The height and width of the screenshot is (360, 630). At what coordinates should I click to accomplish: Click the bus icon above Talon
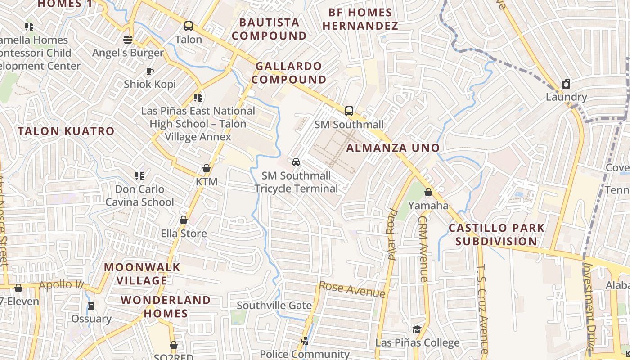point(188,26)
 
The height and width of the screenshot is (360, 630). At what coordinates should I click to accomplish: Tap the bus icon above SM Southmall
point(349,111)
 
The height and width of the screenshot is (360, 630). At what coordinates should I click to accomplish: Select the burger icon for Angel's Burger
point(128,40)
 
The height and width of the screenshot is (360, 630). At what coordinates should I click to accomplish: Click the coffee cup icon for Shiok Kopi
point(149,71)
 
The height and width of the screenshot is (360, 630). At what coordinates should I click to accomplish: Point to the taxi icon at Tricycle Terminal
point(296,162)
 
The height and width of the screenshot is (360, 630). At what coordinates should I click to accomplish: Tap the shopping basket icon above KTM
point(206,168)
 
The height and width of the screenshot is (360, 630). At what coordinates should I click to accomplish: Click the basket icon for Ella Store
point(184,220)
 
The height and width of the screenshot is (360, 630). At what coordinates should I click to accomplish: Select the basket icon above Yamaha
point(428,192)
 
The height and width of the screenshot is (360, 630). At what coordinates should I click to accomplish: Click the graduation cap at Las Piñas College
point(417,329)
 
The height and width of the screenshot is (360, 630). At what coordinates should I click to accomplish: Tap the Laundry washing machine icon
point(566,84)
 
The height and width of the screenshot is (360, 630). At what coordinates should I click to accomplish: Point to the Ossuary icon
point(91,306)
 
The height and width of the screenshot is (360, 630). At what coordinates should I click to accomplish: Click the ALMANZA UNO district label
point(393,148)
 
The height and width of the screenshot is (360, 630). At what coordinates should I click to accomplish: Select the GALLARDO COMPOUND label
point(289,73)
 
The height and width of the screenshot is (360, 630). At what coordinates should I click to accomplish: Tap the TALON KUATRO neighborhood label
point(66,131)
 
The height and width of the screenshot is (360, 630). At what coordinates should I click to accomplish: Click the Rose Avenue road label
point(352,289)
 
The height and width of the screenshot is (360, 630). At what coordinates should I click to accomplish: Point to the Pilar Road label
point(392,235)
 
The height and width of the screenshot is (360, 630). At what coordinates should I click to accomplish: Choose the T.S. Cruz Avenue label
point(482,309)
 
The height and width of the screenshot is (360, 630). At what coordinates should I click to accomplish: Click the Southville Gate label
point(274,306)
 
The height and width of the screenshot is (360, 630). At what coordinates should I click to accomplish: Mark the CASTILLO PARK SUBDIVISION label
point(496,234)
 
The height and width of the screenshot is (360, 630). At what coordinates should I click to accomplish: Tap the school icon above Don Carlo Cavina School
point(139,175)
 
